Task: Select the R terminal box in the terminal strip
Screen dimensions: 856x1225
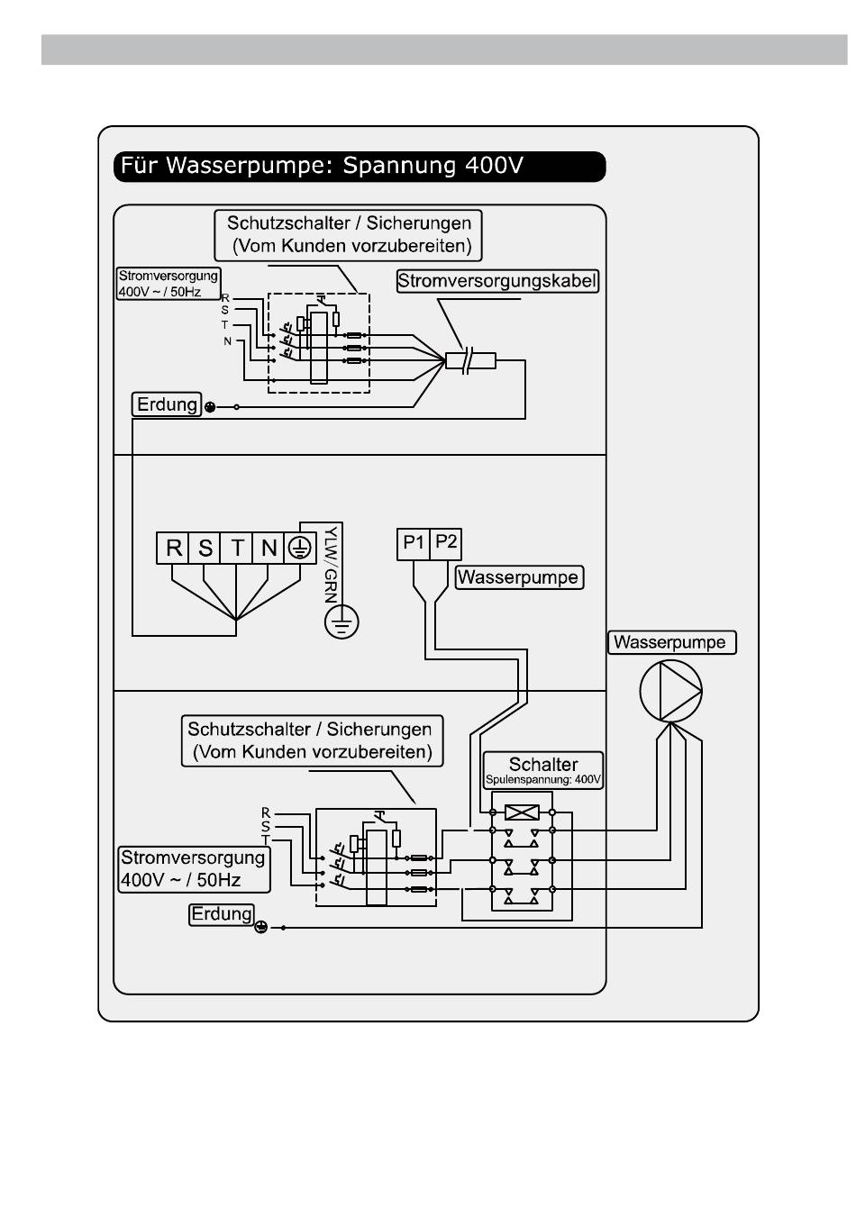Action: coord(172,548)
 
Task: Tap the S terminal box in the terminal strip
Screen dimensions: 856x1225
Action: coord(205,548)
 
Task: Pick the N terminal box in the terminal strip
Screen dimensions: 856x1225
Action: coord(268,548)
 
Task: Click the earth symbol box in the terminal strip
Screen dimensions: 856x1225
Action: coord(300,548)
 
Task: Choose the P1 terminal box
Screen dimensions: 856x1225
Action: coord(414,544)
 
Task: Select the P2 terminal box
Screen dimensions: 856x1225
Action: coord(445,544)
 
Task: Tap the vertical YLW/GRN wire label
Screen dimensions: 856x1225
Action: coord(331,564)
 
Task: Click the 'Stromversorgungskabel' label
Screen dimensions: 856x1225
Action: coord(497,281)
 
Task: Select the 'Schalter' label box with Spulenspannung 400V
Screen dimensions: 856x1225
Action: coord(543,770)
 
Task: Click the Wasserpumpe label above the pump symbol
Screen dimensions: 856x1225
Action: coord(671,642)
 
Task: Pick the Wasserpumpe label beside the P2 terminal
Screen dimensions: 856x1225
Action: coord(519,577)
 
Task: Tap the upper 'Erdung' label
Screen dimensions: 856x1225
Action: coord(167,404)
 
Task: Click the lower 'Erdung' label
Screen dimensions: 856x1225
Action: coord(222,914)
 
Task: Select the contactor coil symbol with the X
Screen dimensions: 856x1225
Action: coord(522,812)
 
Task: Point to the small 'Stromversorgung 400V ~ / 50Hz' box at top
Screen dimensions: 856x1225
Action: coord(168,283)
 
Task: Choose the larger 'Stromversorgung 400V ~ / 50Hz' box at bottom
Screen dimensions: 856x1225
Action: coord(194,869)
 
